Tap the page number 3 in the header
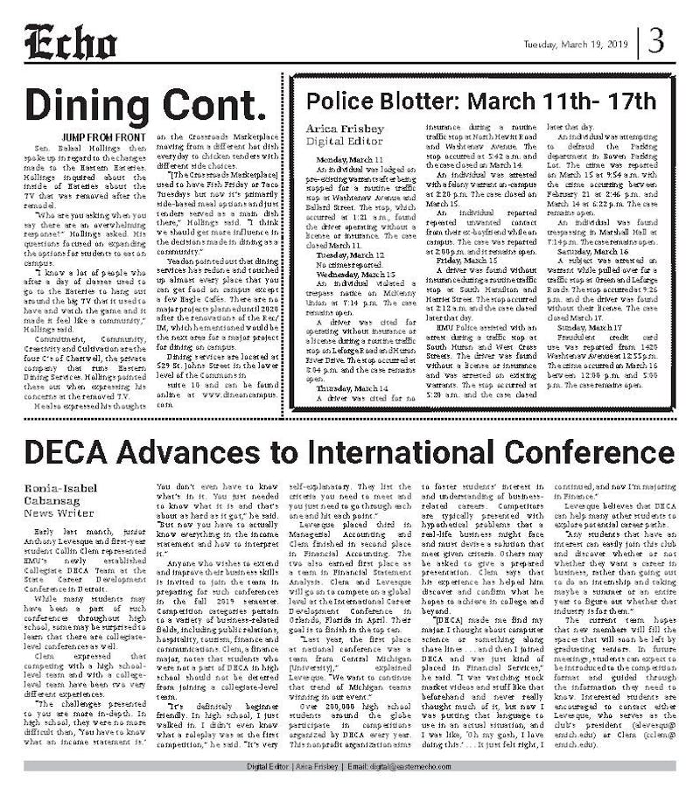[x=655, y=41]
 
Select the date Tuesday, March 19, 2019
[x=577, y=45]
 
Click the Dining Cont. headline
[x=145, y=105]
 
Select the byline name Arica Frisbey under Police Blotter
[x=336, y=128]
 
